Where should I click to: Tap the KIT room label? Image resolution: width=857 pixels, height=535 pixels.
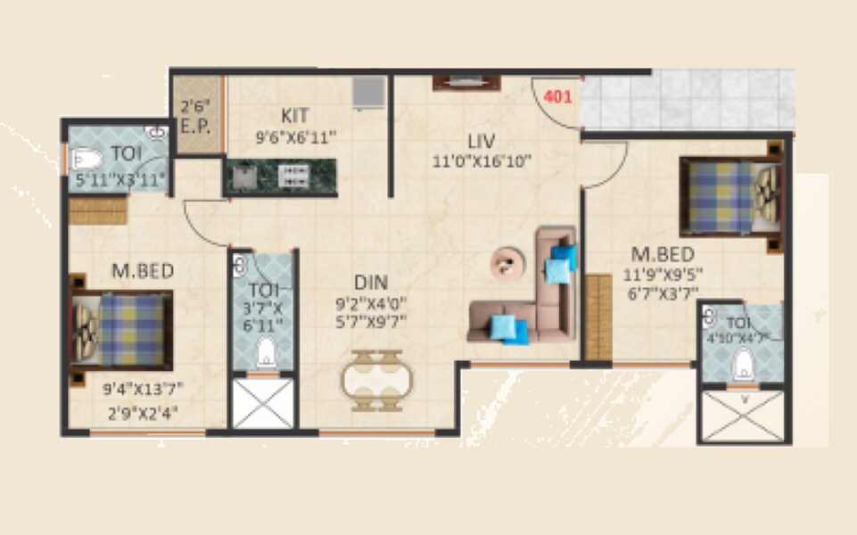pyautogui.click(x=295, y=116)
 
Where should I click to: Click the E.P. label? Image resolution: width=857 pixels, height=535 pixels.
pyautogui.click(x=194, y=126)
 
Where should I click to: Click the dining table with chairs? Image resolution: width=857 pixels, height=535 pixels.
pyautogui.click(x=375, y=378)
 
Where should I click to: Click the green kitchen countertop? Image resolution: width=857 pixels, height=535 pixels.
pyautogui.click(x=281, y=176)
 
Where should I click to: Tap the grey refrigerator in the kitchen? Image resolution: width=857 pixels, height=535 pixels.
pyautogui.click(x=367, y=93)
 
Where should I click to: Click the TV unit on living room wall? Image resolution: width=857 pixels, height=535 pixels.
pyautogui.click(x=466, y=83)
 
